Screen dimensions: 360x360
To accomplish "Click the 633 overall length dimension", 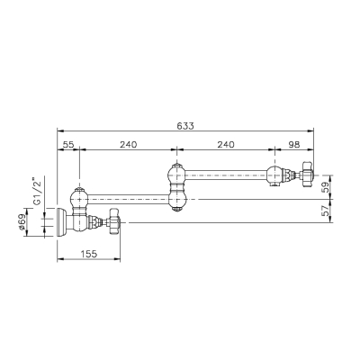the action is pyautogui.click(x=185, y=126).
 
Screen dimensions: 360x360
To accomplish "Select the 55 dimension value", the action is pyautogui.click(x=68, y=145).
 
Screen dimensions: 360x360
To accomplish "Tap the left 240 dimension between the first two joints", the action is pyautogui.click(x=129, y=145).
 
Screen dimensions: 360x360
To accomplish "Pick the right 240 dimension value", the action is pyautogui.click(x=226, y=145).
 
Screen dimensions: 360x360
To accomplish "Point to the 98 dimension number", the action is pyautogui.click(x=294, y=145).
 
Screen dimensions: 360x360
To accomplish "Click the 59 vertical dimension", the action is pyautogui.click(x=326, y=187).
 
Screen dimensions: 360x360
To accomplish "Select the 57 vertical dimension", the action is pyautogui.click(x=326, y=211).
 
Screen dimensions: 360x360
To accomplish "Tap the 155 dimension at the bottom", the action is pyautogui.click(x=89, y=254).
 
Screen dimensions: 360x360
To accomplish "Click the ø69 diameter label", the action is pyautogui.click(x=21, y=223).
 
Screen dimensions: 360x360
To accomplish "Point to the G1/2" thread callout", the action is pyautogui.click(x=37, y=192).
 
